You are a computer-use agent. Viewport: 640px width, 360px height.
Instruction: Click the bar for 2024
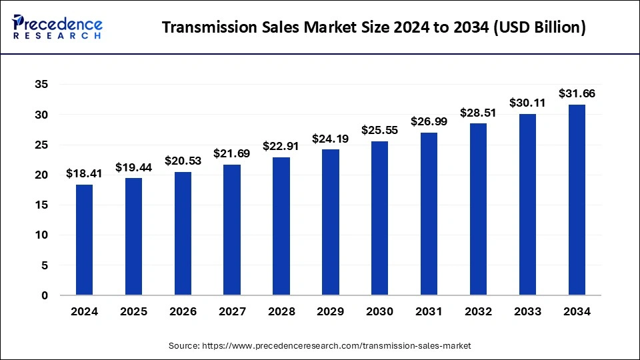tap(84, 239)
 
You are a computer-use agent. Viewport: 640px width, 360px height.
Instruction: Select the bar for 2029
tap(331, 222)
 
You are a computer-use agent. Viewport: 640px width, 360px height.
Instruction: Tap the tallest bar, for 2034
tap(577, 199)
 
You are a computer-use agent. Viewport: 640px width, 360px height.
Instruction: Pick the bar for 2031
tap(429, 213)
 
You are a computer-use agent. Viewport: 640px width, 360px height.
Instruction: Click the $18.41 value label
tap(84, 173)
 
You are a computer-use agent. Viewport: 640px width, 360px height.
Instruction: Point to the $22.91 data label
tap(281, 146)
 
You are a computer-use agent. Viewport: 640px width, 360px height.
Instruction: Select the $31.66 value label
tap(577, 93)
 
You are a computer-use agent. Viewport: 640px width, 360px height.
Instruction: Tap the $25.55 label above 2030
tap(379, 130)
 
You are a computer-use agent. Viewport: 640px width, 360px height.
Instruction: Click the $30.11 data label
tap(527, 103)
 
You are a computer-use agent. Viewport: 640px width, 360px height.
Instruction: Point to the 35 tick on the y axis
tap(41, 85)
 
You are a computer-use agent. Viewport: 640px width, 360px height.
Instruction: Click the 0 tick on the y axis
tap(44, 295)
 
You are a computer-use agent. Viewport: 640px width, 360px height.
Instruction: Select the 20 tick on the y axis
tap(41, 175)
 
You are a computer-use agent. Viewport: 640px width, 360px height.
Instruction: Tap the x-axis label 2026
tap(183, 312)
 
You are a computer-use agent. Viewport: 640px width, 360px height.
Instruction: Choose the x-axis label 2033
tap(527, 312)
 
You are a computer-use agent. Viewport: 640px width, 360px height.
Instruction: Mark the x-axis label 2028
tap(281, 312)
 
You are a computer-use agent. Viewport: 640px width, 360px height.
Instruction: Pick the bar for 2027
tap(232, 229)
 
